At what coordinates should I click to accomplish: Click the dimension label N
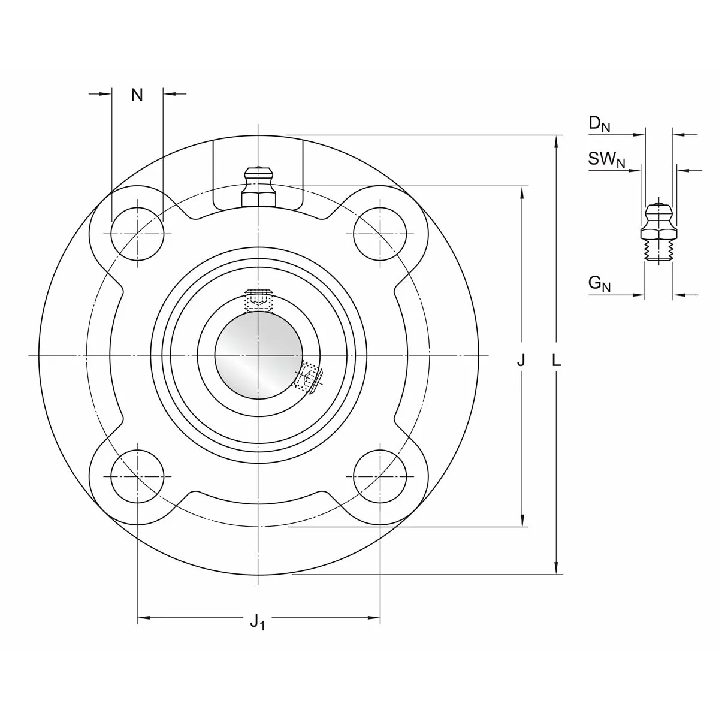[x=137, y=95]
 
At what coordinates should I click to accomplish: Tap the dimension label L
[x=556, y=361]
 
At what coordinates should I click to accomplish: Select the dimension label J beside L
[x=521, y=361]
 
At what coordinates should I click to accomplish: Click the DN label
[x=599, y=123]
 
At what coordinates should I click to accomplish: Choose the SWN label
[x=606, y=160]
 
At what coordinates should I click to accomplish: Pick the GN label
[x=599, y=284]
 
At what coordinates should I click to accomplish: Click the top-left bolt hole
[x=137, y=234]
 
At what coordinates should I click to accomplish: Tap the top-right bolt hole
[x=380, y=234]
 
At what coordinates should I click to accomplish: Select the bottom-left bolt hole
[x=137, y=476]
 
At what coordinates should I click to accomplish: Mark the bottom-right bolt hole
[x=380, y=476]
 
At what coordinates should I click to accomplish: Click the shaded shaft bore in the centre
[x=259, y=355]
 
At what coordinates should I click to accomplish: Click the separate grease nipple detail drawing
[x=658, y=232]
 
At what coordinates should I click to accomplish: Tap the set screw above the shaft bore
[x=258, y=300]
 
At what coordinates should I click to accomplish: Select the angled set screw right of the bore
[x=309, y=376]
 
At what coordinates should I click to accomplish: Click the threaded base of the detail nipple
[x=658, y=252]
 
